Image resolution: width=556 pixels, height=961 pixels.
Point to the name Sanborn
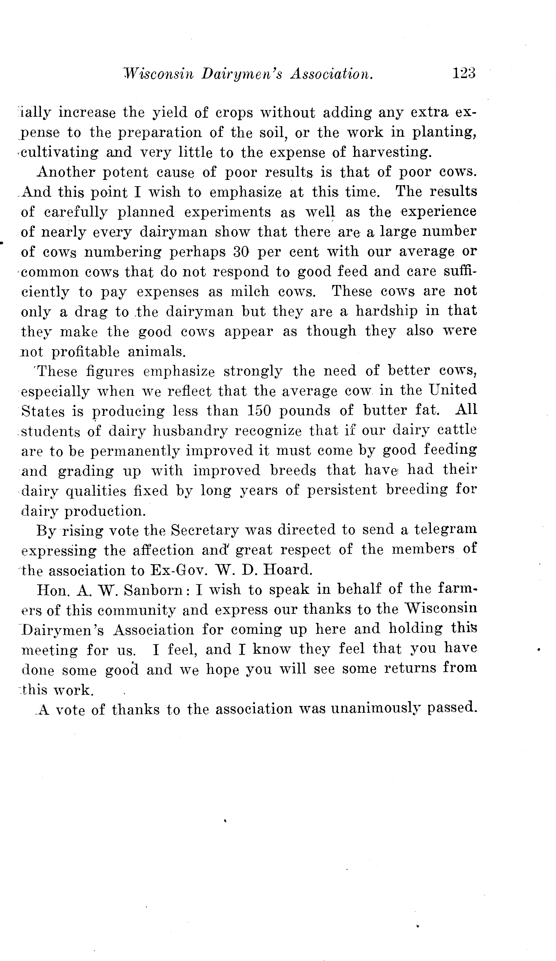tap(154, 590)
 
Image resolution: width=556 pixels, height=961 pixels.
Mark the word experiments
tap(227, 212)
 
